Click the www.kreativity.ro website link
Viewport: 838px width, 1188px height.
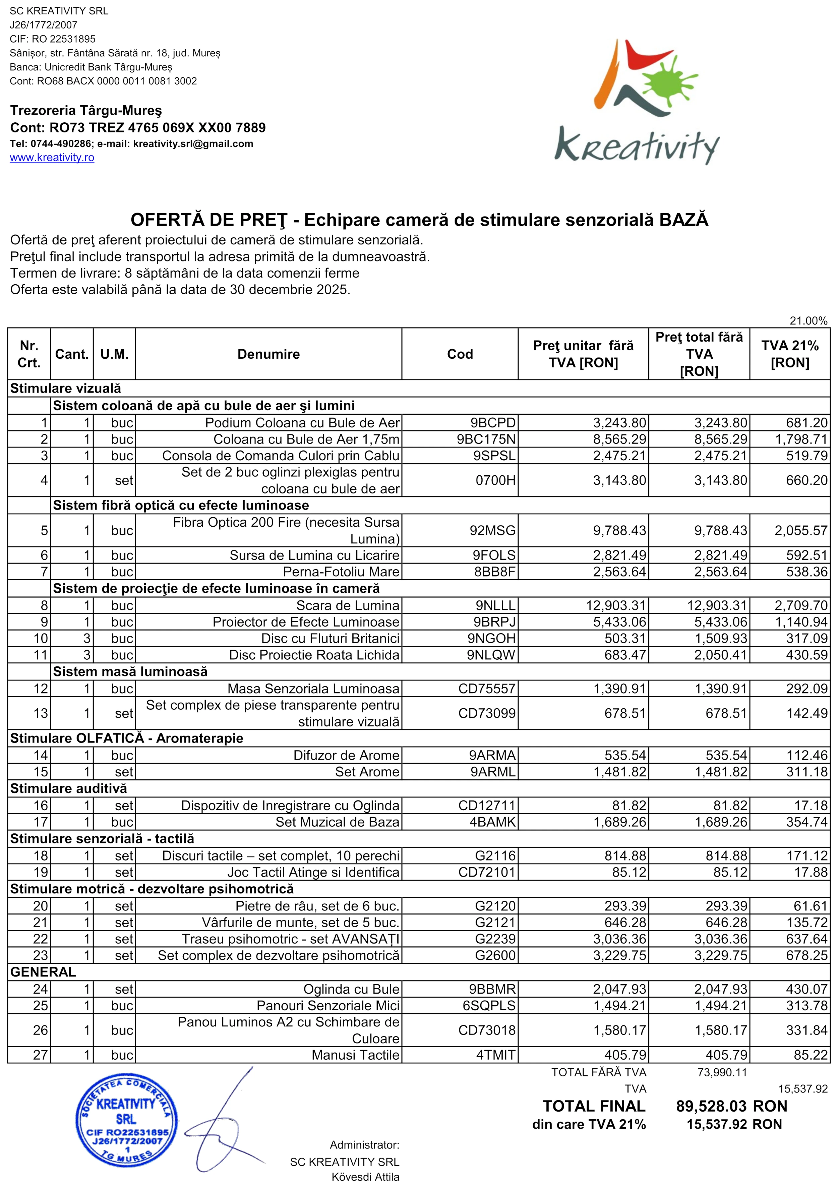click(x=52, y=157)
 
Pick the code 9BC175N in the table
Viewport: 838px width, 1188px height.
click(x=486, y=439)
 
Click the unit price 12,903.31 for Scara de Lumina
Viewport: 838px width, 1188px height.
click(x=615, y=605)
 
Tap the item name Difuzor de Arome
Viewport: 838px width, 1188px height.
click(x=346, y=756)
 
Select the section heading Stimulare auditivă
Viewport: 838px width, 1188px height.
click(x=68, y=788)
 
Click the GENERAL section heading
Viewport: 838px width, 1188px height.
click(x=43, y=972)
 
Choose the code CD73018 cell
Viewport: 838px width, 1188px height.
click(x=487, y=1030)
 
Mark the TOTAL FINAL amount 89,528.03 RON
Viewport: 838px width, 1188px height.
click(x=731, y=1106)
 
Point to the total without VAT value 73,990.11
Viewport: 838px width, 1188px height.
click(x=722, y=1072)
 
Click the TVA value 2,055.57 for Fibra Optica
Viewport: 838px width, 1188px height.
click(x=801, y=530)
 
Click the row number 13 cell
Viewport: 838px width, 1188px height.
click(x=40, y=714)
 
